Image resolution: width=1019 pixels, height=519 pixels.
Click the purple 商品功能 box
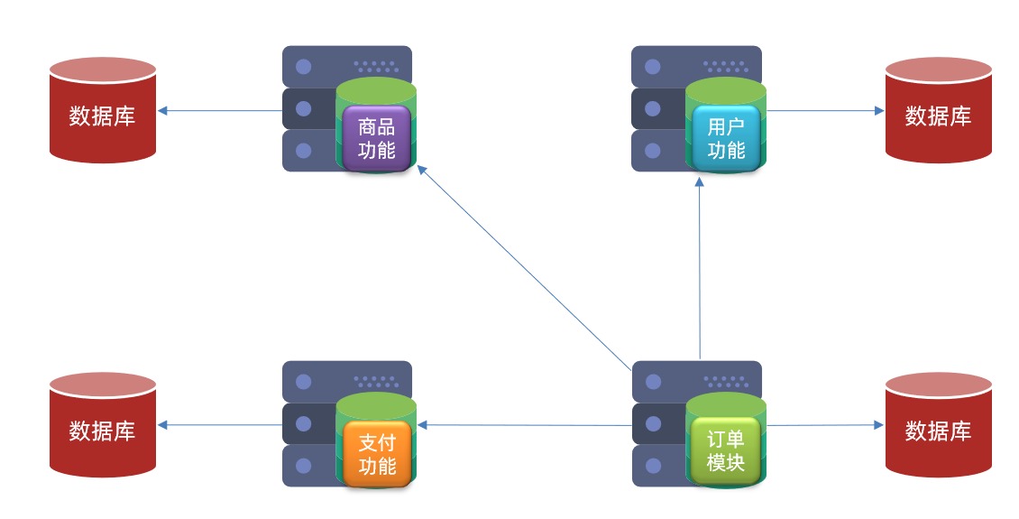[376, 138]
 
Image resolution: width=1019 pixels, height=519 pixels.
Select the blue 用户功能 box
[726, 138]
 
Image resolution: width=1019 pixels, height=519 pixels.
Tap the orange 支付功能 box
[376, 454]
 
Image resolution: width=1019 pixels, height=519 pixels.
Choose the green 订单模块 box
[726, 451]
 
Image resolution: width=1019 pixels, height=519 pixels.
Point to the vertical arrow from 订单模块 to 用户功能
[699, 271]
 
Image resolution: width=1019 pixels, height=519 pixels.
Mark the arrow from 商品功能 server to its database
[220, 111]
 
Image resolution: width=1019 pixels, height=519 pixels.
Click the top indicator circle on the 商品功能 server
[304, 67]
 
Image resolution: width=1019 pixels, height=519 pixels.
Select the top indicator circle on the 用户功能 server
[654, 67]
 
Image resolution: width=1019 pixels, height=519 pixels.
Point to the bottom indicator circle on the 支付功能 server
[304, 466]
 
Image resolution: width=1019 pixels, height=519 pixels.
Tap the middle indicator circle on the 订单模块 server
[654, 424]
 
